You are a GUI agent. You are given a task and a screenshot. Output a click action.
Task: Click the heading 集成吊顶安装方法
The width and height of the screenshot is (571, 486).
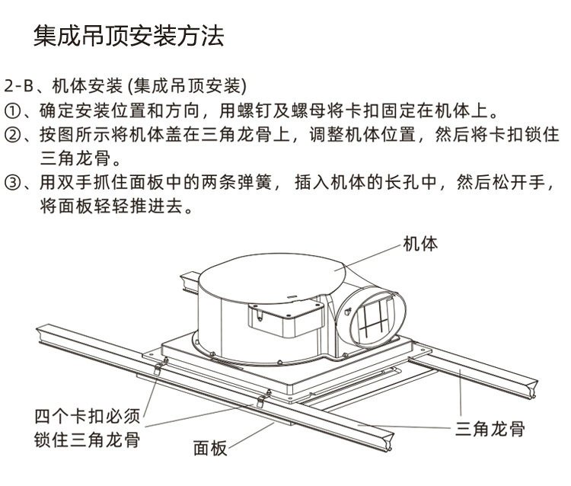click(x=129, y=36)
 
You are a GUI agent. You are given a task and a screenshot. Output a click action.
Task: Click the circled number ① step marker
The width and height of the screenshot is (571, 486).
click(x=12, y=111)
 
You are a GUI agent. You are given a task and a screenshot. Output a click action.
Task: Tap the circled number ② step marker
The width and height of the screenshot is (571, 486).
click(x=12, y=135)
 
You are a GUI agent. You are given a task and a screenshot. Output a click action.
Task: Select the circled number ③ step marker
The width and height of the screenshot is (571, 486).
click(x=12, y=182)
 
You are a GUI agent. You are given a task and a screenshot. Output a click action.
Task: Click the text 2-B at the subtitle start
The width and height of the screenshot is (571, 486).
click(x=18, y=86)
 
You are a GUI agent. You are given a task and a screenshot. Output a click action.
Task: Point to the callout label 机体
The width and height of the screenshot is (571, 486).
click(x=420, y=243)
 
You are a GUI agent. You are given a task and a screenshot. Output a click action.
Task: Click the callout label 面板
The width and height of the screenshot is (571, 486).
click(x=210, y=448)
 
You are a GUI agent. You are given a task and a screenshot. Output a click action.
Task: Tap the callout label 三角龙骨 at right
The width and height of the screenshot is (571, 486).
click(x=490, y=429)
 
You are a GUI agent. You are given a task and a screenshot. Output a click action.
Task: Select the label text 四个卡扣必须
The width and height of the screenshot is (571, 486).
click(x=87, y=416)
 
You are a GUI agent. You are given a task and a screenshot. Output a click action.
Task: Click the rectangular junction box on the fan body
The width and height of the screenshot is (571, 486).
click(x=285, y=318)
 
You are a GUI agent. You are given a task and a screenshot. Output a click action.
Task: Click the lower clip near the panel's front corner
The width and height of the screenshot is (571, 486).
click(x=263, y=398)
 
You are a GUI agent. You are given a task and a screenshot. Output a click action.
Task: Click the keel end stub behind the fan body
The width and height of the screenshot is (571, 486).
click(x=190, y=281)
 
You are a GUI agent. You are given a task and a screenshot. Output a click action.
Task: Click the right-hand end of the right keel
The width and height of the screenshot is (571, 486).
click(x=534, y=389)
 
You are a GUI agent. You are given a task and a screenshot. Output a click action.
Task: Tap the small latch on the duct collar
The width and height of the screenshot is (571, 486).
click(x=347, y=312)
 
